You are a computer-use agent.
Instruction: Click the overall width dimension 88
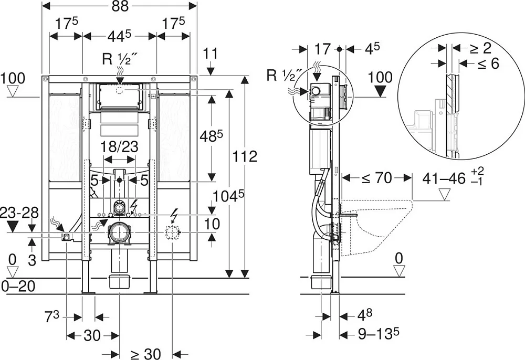pyautogui.click(x=120, y=6)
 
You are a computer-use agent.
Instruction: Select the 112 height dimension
pyautogui.click(x=245, y=156)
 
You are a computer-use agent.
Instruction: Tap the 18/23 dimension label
pyautogui.click(x=120, y=146)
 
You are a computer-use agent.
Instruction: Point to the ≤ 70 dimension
pyautogui.click(x=376, y=178)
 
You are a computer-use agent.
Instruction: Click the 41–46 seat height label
pyautogui.click(x=444, y=178)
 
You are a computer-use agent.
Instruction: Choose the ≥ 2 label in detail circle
pyautogui.click(x=480, y=48)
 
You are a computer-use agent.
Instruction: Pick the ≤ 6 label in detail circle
pyautogui.click(x=488, y=63)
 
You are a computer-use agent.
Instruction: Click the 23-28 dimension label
pyautogui.click(x=19, y=213)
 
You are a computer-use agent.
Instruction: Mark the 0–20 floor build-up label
pyautogui.click(x=18, y=287)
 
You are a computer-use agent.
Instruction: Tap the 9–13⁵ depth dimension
pyautogui.click(x=379, y=333)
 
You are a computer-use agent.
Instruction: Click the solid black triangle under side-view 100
pyautogui.click(x=380, y=91)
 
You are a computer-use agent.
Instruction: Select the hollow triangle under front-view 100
pyautogui.click(x=13, y=91)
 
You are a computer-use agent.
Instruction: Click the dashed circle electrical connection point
pyautogui.click(x=172, y=232)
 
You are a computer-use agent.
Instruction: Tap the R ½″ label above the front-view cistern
pyautogui.click(x=115, y=59)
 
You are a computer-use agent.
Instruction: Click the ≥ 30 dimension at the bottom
pyautogui.click(x=145, y=353)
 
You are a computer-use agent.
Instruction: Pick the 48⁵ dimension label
pyautogui.click(x=211, y=135)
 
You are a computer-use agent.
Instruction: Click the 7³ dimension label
pyautogui.click(x=52, y=316)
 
